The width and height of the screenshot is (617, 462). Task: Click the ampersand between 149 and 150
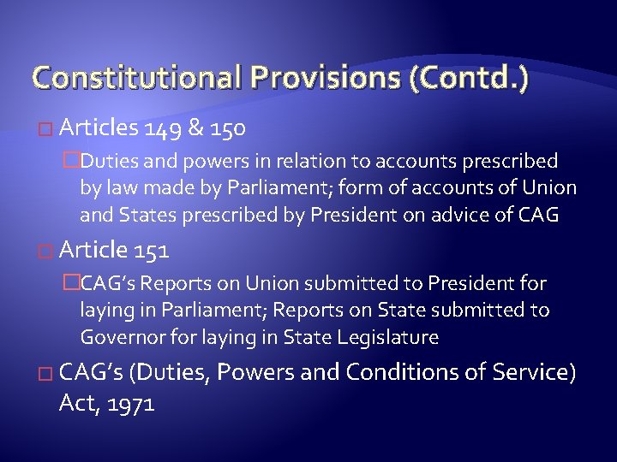pos(195,128)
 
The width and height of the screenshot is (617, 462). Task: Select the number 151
pos(151,251)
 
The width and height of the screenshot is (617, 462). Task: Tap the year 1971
pos(128,403)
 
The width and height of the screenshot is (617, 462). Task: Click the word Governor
pos(122,337)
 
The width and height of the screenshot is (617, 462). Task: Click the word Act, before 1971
pos(77,403)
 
